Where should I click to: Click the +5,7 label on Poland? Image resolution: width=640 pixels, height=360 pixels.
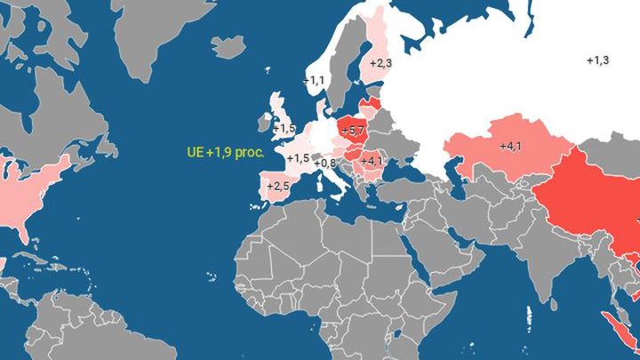(x=353, y=131)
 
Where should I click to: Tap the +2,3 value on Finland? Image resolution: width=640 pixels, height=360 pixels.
(x=380, y=63)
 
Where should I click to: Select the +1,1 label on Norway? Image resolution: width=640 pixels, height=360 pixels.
(x=314, y=80)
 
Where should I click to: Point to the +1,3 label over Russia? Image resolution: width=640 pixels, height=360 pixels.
(x=598, y=60)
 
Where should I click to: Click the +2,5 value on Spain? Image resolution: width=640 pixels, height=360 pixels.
(x=278, y=186)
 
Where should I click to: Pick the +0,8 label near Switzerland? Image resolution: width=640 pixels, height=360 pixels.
(x=324, y=163)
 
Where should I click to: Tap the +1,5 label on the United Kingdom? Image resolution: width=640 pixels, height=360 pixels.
(x=284, y=129)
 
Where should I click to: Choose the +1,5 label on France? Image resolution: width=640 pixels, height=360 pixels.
(x=298, y=158)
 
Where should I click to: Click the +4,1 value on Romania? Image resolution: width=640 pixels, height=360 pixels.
(x=372, y=161)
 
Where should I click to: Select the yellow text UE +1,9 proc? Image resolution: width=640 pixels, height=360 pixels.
(x=226, y=153)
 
